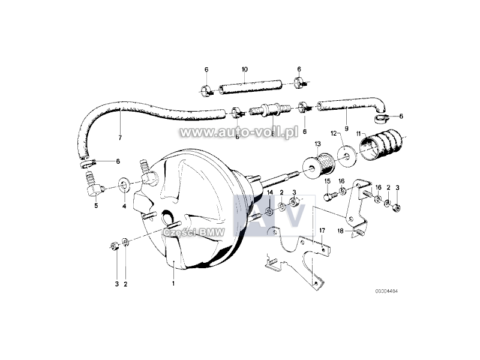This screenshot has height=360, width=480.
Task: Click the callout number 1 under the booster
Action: click(x=173, y=283)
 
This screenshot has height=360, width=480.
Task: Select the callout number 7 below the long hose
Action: click(x=120, y=138)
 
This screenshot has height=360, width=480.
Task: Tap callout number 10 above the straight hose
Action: click(x=244, y=70)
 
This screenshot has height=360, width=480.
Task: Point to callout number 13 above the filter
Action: click(x=317, y=144)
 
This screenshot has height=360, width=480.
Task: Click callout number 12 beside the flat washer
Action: click(x=334, y=133)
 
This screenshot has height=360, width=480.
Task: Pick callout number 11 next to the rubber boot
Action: click(x=359, y=133)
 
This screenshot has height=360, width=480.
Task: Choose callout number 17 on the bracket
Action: click(x=322, y=230)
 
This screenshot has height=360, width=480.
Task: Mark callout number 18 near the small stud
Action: click(x=340, y=231)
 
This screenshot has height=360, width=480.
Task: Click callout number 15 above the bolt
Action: click(x=328, y=181)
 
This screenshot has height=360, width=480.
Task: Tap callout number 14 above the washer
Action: click(x=269, y=192)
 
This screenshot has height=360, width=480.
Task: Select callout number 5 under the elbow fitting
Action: click(x=96, y=205)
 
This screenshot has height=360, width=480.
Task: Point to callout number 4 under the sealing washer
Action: click(x=124, y=206)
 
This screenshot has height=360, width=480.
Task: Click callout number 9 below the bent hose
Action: click(x=346, y=128)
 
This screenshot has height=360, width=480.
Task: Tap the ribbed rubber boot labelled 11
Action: click(x=383, y=145)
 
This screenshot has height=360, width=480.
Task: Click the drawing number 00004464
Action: click(x=386, y=291)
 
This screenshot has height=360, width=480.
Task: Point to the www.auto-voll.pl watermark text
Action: click(x=239, y=133)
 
